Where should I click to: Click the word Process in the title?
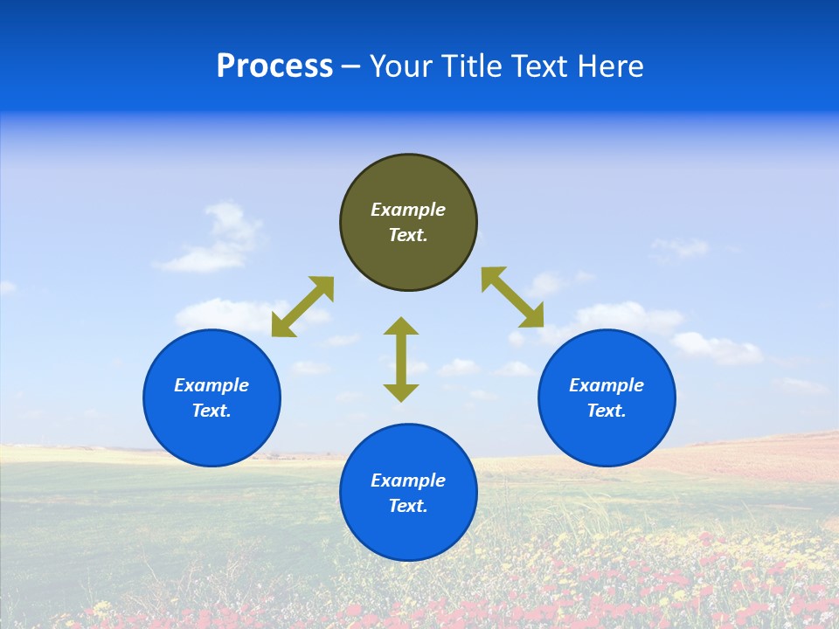(x=274, y=66)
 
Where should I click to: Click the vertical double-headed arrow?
(x=401, y=359)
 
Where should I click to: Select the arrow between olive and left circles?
(x=302, y=307)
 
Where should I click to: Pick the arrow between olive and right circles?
(x=513, y=298)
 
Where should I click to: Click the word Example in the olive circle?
(x=408, y=210)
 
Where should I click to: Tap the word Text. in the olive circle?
(x=408, y=235)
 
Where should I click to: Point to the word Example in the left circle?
(x=211, y=385)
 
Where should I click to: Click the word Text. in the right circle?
(x=607, y=411)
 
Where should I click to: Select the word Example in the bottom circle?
(x=408, y=480)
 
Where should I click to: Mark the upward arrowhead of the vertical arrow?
(x=401, y=327)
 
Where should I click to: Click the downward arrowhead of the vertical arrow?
(x=401, y=392)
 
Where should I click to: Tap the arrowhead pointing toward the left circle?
(x=282, y=327)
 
